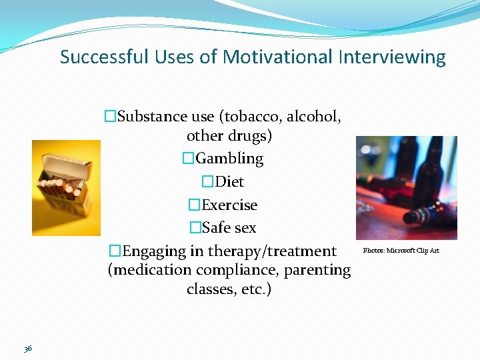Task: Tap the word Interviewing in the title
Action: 392,57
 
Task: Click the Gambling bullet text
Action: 230,159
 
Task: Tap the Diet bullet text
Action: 230,182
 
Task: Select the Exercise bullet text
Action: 229,205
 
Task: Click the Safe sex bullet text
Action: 229,228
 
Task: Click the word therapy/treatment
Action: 272,251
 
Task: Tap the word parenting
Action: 317,270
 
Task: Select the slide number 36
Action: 28,349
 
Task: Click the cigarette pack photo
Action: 66,187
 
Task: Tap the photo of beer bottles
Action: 406,188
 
